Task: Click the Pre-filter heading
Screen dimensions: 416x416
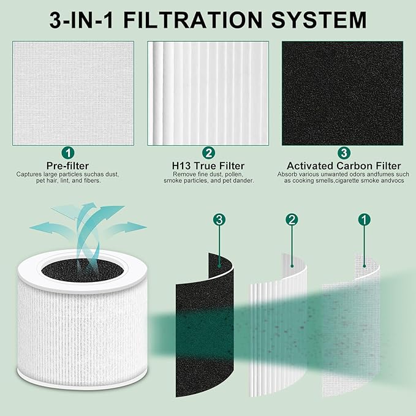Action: pyautogui.click(x=67, y=165)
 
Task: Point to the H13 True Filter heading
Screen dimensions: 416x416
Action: pyautogui.click(x=208, y=165)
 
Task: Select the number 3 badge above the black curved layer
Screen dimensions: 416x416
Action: pyautogui.click(x=219, y=220)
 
